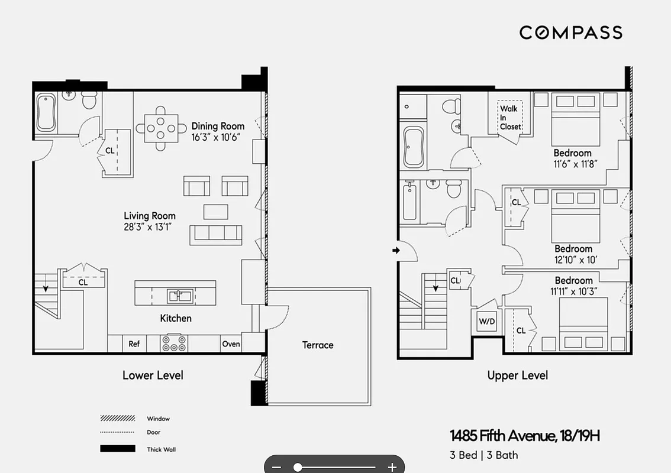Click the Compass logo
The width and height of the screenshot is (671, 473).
tap(570, 33)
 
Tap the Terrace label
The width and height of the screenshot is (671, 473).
tap(318, 345)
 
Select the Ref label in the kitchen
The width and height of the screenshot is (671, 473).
tap(134, 344)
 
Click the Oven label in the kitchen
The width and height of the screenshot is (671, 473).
tap(231, 344)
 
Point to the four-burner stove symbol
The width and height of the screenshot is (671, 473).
tap(174, 343)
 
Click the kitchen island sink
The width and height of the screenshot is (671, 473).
tap(176, 294)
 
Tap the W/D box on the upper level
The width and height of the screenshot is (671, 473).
tap(486, 322)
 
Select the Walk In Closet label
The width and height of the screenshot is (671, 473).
tap(510, 117)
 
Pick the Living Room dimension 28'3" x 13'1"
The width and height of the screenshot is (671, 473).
tap(150, 226)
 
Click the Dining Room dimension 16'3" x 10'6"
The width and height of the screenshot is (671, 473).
tap(218, 137)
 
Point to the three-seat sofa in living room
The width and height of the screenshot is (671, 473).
tap(216, 234)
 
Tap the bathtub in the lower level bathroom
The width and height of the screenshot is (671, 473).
tap(46, 113)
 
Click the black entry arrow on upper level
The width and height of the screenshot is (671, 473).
tap(396, 251)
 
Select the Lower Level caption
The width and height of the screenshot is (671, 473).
tap(153, 375)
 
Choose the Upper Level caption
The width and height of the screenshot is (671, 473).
tap(517, 375)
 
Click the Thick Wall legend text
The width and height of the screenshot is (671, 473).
tap(161, 449)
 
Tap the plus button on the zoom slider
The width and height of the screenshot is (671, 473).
tap(391, 467)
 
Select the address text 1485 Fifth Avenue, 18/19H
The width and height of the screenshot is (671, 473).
tap(525, 436)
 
